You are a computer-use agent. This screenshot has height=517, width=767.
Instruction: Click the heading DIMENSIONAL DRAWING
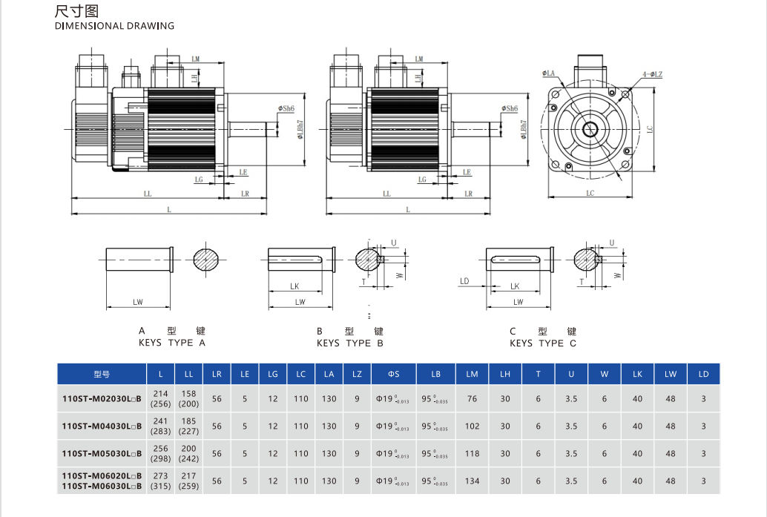(115, 26)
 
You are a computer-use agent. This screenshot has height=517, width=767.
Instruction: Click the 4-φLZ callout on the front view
(652, 74)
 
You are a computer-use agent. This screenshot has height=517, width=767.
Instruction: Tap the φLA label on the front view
(550, 73)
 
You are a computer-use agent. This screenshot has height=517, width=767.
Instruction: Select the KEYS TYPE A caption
(172, 343)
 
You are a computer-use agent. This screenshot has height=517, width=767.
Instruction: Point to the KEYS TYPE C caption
(543, 343)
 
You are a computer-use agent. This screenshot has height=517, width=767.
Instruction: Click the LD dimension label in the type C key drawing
(464, 282)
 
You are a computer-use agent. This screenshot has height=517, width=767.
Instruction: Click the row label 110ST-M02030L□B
(102, 399)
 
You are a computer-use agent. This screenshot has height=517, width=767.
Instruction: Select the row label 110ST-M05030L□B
(102, 454)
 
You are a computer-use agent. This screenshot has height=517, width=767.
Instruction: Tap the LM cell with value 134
(473, 481)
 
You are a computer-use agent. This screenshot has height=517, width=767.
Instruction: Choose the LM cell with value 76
(473, 399)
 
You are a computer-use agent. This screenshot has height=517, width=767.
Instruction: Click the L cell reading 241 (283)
(161, 427)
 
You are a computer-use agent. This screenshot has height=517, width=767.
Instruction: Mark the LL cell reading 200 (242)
(189, 454)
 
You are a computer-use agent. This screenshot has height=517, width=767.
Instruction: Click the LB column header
(435, 375)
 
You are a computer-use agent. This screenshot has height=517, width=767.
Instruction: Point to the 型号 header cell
(102, 375)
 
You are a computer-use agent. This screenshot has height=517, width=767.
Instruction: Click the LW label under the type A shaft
(138, 302)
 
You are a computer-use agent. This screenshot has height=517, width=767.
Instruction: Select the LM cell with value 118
(473, 454)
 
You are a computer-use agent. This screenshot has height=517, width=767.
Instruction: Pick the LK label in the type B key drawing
(294, 286)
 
